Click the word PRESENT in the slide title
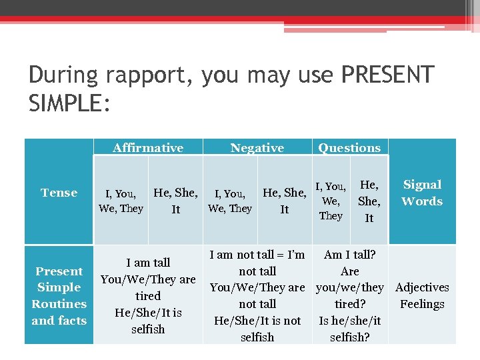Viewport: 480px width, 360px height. [387, 75]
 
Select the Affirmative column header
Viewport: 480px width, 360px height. [148, 148]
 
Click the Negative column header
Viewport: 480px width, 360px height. [257, 148]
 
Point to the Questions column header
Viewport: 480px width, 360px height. [349, 148]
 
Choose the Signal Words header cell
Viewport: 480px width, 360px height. [422, 193]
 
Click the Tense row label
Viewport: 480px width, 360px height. [59, 193]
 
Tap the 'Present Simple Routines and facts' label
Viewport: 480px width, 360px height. [59, 295]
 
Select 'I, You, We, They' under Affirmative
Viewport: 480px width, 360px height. [121, 201]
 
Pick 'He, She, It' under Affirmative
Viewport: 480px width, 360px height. [175, 201]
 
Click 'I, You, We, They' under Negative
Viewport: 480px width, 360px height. [230, 201]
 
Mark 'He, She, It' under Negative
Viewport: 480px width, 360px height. [285, 201]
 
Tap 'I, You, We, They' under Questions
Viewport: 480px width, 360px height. [331, 201]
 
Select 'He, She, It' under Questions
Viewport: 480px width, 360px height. [369, 201]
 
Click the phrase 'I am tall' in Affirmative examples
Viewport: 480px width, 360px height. [148, 263]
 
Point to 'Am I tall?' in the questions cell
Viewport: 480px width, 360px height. [349, 255]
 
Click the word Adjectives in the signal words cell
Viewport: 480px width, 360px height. [422, 287]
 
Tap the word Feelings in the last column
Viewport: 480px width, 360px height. [422, 304]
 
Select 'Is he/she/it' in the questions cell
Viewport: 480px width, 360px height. [349, 321]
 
